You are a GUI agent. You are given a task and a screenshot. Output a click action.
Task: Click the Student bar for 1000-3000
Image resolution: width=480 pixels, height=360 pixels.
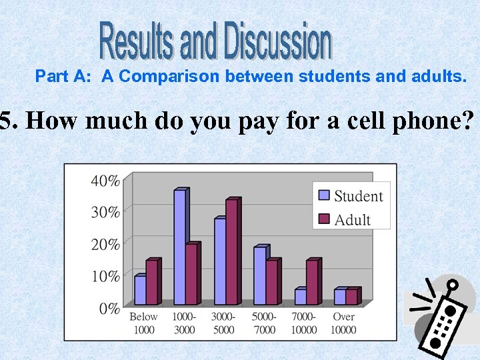point(179,247)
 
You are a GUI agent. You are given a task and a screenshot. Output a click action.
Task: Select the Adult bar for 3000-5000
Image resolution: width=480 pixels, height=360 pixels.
point(231,251)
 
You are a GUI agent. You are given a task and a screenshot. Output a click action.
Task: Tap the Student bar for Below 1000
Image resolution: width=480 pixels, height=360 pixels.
point(139,290)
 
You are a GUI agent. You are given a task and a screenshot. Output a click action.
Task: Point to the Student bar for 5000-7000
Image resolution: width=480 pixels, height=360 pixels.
point(259,275)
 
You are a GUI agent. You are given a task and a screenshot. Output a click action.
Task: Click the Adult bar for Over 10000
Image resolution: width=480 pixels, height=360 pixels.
point(351,296)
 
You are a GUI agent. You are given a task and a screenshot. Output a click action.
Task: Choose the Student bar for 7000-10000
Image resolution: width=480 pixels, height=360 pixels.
point(300,296)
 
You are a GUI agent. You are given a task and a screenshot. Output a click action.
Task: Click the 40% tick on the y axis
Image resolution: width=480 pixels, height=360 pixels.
point(106,180)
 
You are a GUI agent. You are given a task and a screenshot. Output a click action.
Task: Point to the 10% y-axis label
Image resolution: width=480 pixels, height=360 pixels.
point(106,275)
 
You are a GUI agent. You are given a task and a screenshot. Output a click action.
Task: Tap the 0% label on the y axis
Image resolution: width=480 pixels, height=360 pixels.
point(109,308)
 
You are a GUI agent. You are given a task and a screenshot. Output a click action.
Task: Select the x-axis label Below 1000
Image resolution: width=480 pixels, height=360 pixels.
point(144,323)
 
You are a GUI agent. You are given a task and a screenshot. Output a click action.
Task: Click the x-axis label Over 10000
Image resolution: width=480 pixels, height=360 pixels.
point(344,323)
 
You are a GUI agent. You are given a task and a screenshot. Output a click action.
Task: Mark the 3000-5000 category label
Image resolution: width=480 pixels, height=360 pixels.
point(225,323)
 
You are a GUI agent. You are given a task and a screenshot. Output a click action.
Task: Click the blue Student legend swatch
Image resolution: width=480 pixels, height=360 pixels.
point(325,195)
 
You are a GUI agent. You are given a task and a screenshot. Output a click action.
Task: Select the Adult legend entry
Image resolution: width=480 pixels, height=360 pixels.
point(351,219)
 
